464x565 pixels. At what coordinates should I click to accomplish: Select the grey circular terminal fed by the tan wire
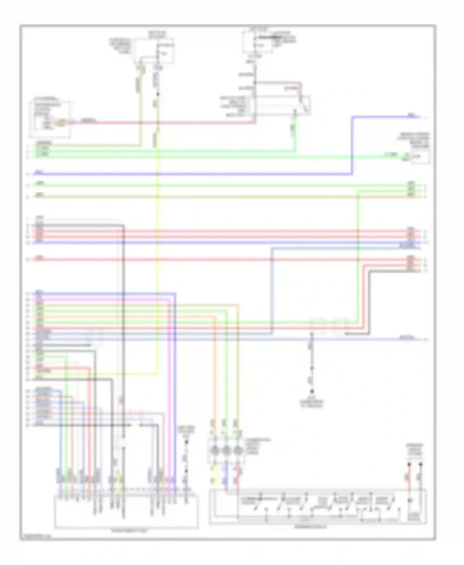(238, 450)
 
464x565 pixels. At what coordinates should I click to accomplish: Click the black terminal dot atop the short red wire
(409, 464)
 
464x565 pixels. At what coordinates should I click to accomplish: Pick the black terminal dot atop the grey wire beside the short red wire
(420, 464)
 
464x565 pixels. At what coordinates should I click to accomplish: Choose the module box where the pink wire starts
(49, 119)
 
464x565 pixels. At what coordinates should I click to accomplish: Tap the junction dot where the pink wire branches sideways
(255, 83)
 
